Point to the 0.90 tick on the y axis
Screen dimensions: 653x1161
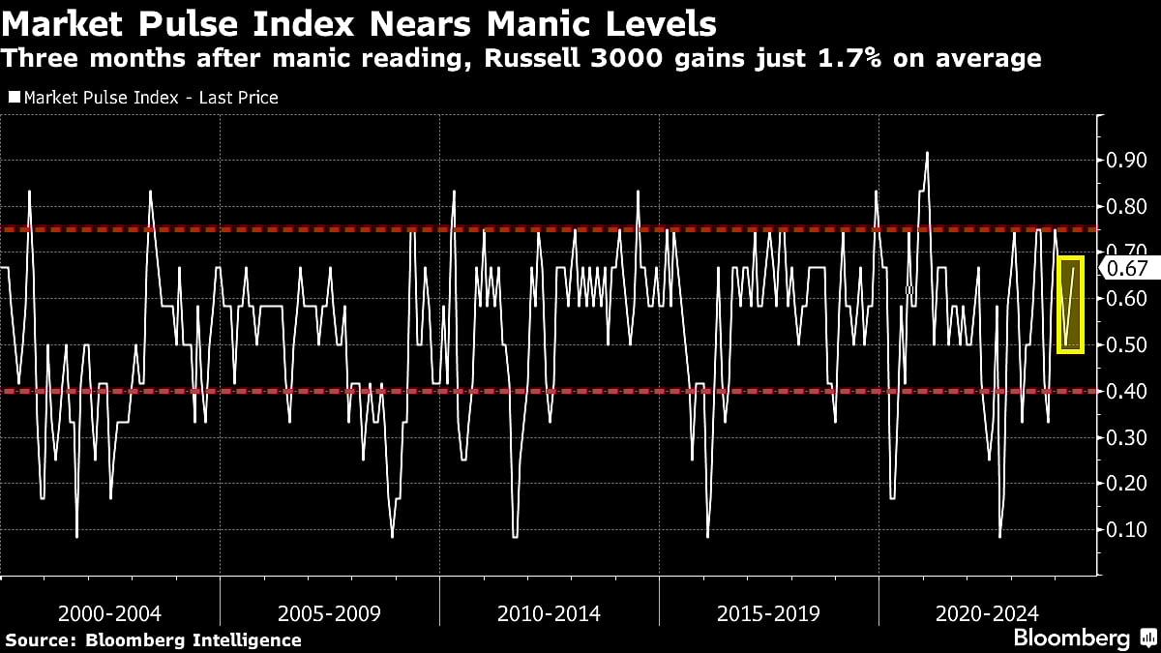1126,160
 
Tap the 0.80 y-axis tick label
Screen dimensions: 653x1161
1126,206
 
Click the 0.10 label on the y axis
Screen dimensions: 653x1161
1126,529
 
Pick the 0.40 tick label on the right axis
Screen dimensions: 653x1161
1126,391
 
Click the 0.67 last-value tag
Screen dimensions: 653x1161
1126,269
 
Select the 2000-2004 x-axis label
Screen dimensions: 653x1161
109,613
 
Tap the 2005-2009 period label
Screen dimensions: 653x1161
329,613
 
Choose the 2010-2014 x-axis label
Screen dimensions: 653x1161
549,613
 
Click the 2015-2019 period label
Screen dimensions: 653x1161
768,613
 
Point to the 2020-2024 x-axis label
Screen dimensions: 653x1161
988,613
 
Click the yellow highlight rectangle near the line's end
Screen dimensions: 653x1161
1070,305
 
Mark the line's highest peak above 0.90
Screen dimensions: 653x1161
927,153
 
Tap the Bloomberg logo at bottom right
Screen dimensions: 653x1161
1071,638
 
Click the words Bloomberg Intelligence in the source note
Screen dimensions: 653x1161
193,640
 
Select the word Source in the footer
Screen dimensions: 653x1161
40,640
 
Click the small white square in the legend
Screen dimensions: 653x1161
14,98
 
